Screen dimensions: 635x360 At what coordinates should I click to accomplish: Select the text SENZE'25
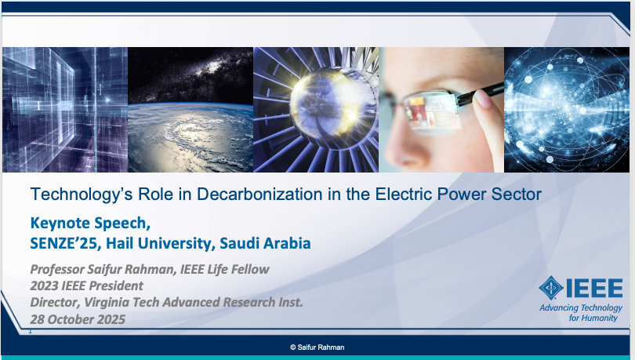click(63, 243)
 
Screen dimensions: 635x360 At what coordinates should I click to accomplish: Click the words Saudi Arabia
click(265, 243)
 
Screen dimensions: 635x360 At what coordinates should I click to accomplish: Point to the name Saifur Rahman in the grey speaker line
click(131, 269)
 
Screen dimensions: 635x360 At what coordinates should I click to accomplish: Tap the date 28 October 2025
click(78, 319)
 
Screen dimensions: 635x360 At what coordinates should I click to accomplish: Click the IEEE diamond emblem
click(551, 288)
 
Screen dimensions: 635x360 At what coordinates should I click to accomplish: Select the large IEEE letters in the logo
click(594, 288)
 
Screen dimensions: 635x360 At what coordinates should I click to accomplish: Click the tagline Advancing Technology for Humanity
click(581, 313)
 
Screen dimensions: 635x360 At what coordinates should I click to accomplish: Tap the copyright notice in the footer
click(317, 347)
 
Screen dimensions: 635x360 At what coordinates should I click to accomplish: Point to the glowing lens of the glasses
click(431, 112)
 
